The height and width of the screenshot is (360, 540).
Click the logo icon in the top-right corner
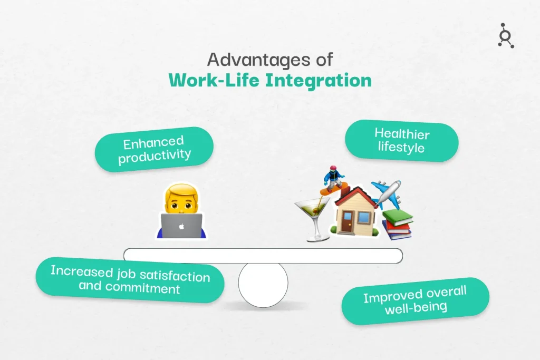[x=506, y=36]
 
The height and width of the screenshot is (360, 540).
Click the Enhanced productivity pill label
[x=154, y=149]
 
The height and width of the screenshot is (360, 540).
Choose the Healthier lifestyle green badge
[x=401, y=141]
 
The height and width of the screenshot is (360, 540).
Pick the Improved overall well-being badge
[x=416, y=301]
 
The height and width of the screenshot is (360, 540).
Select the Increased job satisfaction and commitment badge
[x=130, y=280]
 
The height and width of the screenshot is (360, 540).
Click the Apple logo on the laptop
[x=181, y=227]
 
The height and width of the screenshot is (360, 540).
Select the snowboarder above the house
[x=334, y=180]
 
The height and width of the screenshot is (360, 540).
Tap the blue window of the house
[x=364, y=218]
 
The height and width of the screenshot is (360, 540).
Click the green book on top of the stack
[x=398, y=217]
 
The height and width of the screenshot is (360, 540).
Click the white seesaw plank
[x=263, y=256]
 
